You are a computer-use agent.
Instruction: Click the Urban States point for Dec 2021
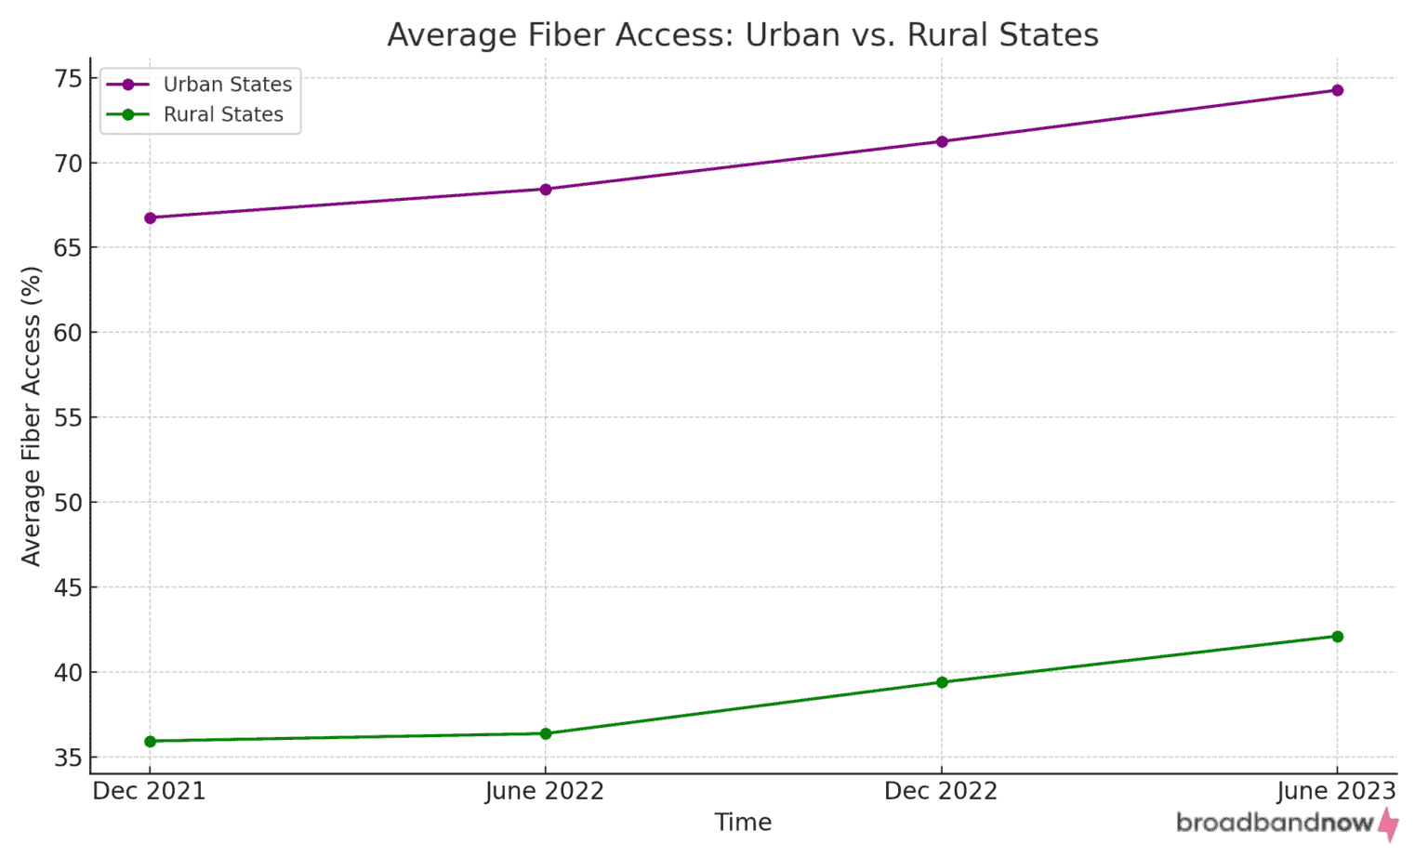tap(150, 218)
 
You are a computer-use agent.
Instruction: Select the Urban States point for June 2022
tap(546, 190)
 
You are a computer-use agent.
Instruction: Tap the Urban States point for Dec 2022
tap(942, 141)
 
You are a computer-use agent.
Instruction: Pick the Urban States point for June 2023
tap(1338, 90)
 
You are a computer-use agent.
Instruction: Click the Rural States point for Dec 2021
tap(150, 741)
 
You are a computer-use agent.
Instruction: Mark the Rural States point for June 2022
tap(546, 733)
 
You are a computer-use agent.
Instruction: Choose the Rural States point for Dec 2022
tap(942, 682)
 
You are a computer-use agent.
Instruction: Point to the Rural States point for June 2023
tap(1338, 637)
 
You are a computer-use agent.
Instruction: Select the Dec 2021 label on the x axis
tap(150, 791)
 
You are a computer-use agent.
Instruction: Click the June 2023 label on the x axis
tap(1336, 791)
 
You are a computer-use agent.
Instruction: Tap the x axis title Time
tap(743, 823)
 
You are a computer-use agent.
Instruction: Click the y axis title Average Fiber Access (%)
tap(32, 415)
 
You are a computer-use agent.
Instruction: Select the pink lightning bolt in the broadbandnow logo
tap(1388, 824)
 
